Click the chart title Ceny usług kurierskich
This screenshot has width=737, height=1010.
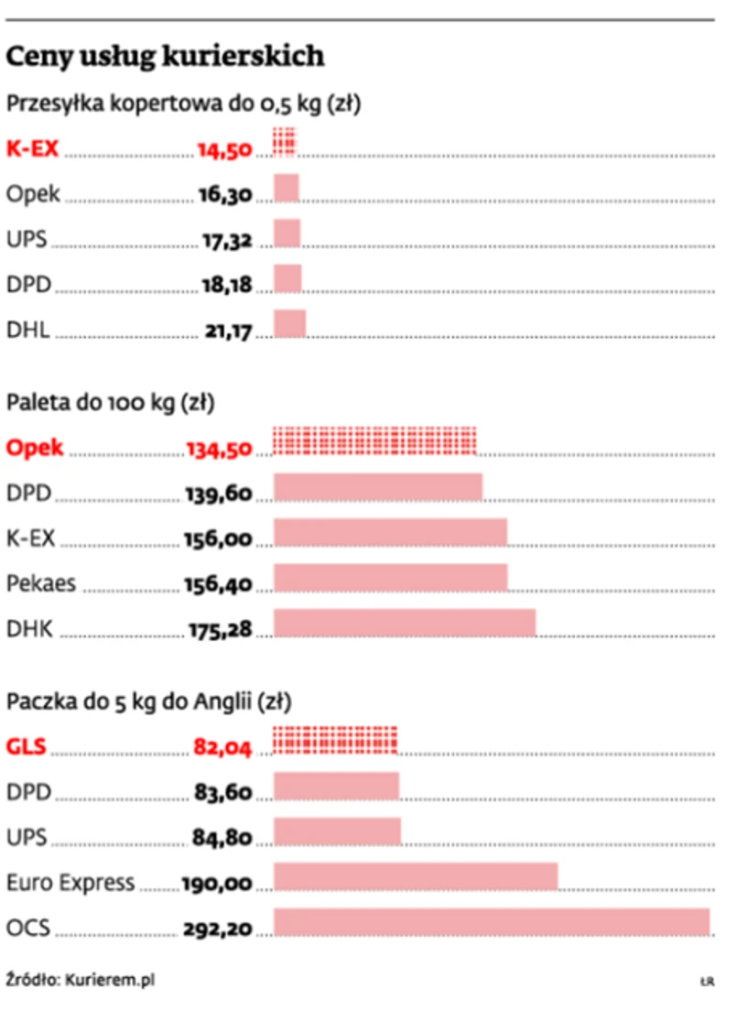166,57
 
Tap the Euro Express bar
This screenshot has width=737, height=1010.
416,876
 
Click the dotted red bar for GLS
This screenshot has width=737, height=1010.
336,741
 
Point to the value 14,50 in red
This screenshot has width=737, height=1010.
224,149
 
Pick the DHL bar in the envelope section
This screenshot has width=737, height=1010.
290,324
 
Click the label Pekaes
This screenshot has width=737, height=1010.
41,582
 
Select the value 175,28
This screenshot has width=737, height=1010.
218,629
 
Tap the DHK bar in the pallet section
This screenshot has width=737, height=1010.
405,623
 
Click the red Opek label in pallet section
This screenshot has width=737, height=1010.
35,448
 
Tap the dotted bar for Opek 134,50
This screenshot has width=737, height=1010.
375,441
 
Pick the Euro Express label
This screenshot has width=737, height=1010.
70,884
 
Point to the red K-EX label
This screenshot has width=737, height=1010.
33,148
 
